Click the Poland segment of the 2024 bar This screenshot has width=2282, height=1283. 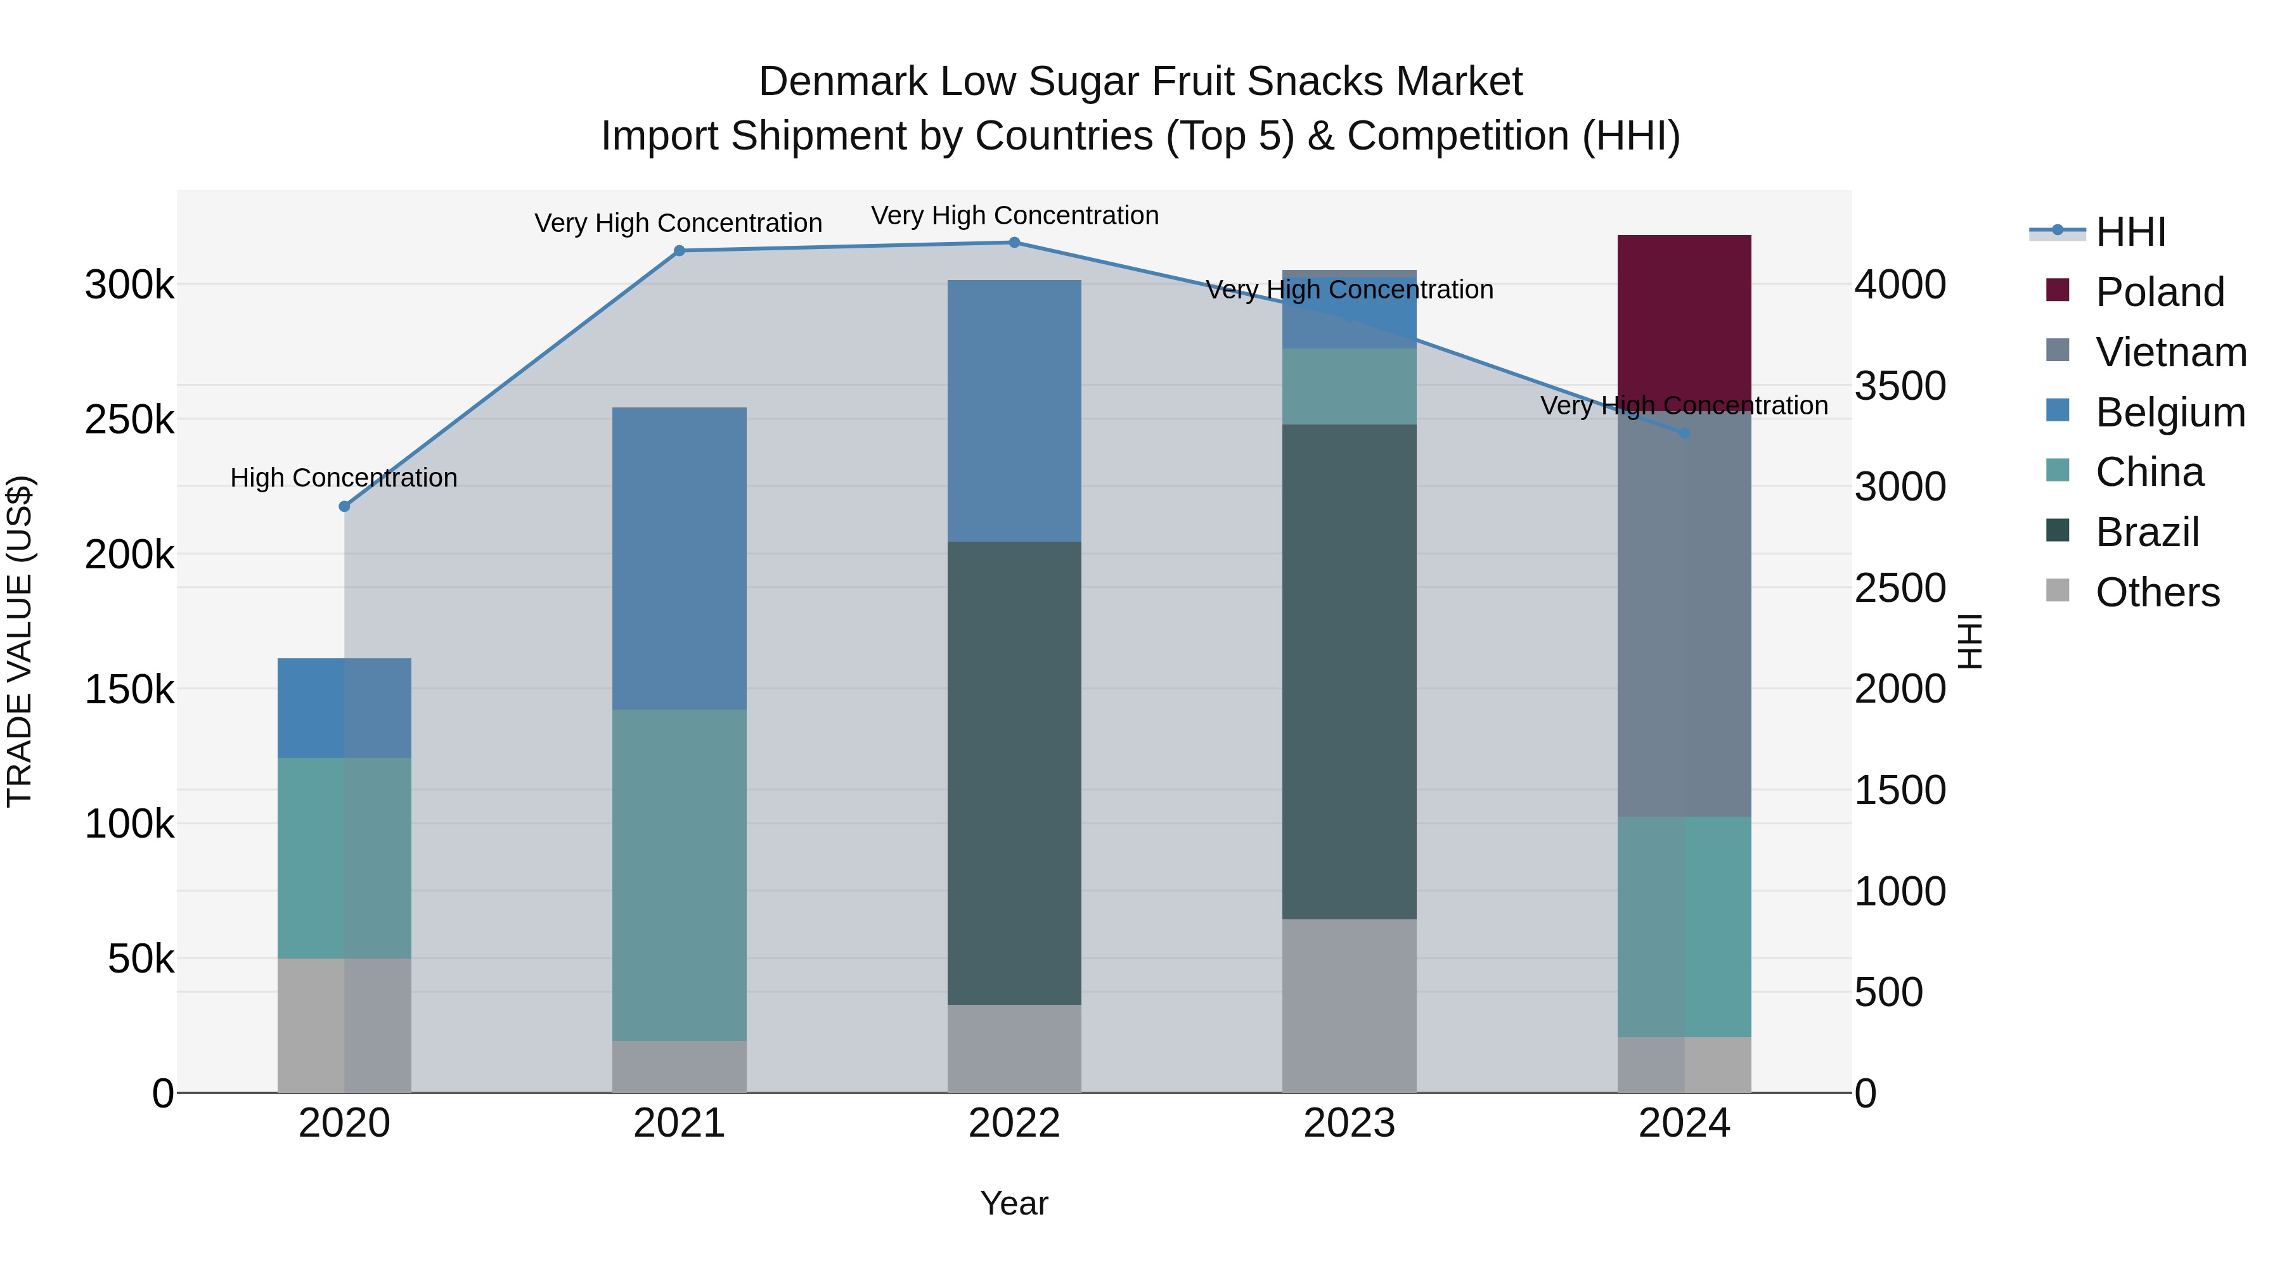pyautogui.click(x=1684, y=319)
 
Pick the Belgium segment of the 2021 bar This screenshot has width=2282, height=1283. pyautogui.click(x=680, y=558)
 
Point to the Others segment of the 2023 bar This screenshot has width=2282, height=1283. pyautogui.click(x=1349, y=1005)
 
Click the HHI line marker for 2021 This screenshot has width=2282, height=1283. pyautogui.click(x=680, y=250)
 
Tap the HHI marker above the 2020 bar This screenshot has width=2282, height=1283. pyautogui.click(x=345, y=506)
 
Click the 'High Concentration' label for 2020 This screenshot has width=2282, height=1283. pyautogui.click(x=344, y=478)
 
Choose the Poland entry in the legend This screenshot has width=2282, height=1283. pyautogui.click(x=2159, y=292)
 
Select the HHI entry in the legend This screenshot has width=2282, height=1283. pyautogui.click(x=2131, y=232)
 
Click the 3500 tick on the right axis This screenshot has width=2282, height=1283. pyautogui.click(x=1900, y=386)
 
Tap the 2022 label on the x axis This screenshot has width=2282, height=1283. pyautogui.click(x=1014, y=1123)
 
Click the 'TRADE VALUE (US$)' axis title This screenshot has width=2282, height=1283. pyautogui.click(x=20, y=641)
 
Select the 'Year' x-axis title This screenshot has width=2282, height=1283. pyautogui.click(x=1014, y=1203)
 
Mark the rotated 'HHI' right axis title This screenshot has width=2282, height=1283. pyautogui.click(x=1969, y=641)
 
